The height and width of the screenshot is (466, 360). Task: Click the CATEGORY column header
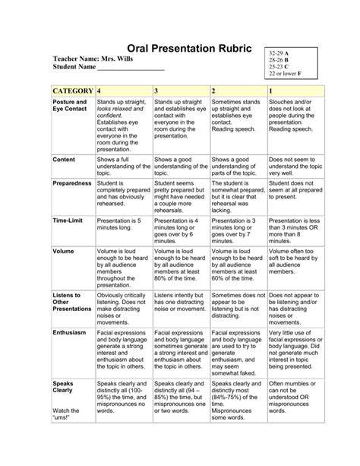(x=71, y=90)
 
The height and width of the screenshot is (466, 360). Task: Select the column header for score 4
(x=99, y=90)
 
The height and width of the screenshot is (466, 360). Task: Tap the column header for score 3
(x=156, y=90)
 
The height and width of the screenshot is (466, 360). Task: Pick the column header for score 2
(x=214, y=90)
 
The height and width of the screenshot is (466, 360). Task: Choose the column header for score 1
(x=271, y=90)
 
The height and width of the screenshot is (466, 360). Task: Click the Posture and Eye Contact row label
(x=69, y=106)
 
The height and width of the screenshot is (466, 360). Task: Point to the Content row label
(x=64, y=160)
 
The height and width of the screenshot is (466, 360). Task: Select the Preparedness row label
(x=71, y=183)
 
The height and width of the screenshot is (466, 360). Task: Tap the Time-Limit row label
(x=68, y=219)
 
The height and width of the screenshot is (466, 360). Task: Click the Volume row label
(x=63, y=250)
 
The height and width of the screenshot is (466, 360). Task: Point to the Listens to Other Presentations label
(x=71, y=301)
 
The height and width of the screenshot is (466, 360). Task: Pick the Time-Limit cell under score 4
(x=122, y=223)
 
